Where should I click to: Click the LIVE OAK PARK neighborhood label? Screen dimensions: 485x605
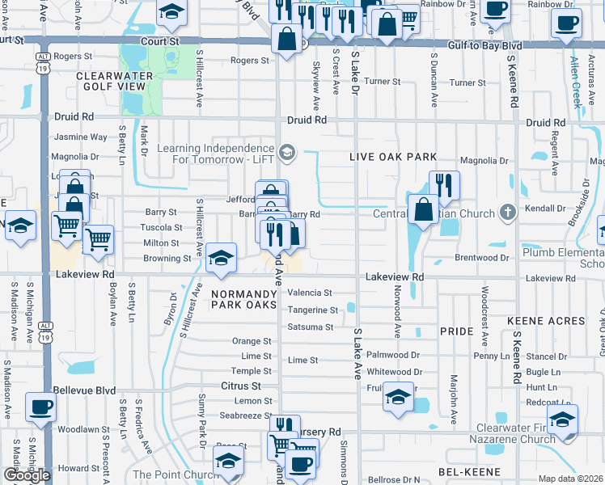click(x=393, y=157)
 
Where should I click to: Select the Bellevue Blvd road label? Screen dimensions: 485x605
click(x=84, y=390)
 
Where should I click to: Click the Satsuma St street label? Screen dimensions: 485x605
click(x=310, y=327)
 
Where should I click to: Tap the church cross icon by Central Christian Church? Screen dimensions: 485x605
click(x=507, y=213)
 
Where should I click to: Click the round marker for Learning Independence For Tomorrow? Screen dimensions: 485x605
click(x=286, y=152)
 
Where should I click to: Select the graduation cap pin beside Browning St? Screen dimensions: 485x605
click(x=221, y=258)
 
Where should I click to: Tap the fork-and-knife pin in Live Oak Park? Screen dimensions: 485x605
click(x=444, y=185)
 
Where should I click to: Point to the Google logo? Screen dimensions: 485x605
click(x=27, y=475)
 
